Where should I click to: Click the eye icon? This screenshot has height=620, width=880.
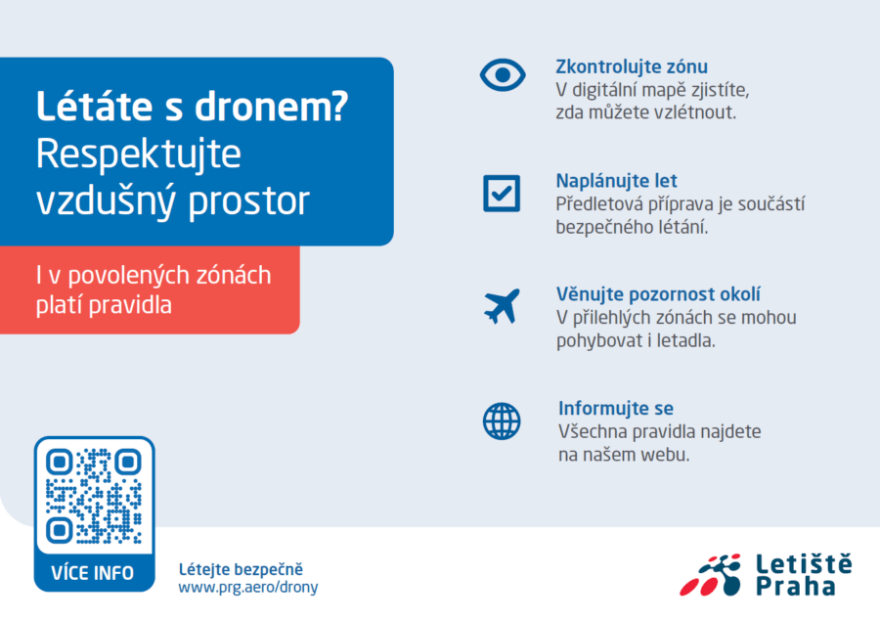[x=503, y=74]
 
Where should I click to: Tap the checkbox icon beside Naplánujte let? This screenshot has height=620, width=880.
[x=502, y=194]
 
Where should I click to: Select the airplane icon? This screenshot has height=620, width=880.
[x=502, y=306]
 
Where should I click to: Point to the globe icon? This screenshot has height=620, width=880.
[x=502, y=421]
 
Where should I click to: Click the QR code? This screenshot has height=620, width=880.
[x=94, y=496]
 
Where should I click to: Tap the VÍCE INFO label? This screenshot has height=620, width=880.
[x=93, y=573]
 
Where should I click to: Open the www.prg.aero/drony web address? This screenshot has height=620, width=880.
[x=248, y=588]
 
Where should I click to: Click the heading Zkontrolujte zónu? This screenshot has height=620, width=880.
[x=632, y=66]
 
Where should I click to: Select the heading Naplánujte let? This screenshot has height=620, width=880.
[x=616, y=181]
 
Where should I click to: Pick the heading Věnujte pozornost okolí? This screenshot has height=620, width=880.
[x=658, y=294]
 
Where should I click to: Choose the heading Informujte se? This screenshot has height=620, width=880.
[x=616, y=408]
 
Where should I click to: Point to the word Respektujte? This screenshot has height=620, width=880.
[x=139, y=155]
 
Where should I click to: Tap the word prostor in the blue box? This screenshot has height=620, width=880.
[x=248, y=201]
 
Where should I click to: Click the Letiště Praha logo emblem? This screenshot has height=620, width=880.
[x=710, y=575]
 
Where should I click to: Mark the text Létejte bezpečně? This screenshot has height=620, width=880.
[x=241, y=569]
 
